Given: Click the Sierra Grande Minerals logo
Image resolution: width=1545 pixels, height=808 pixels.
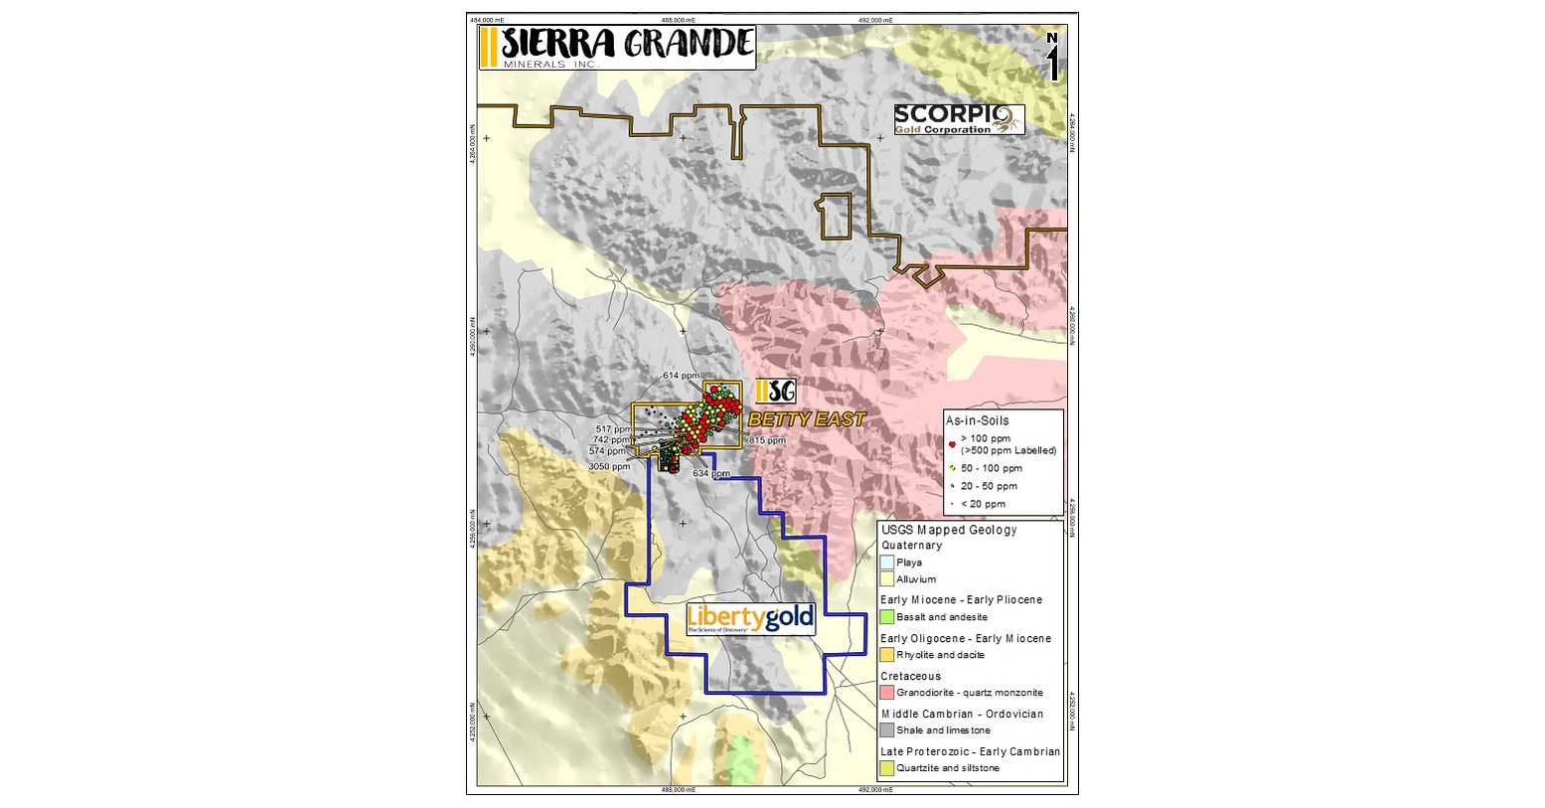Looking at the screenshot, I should pos(616,48).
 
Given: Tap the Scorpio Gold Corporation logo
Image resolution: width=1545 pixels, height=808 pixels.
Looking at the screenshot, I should pos(958,120).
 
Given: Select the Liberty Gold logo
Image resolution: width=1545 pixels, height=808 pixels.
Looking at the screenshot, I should pos(750,619).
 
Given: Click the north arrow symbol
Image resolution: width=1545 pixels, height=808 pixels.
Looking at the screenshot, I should pos(1052,59).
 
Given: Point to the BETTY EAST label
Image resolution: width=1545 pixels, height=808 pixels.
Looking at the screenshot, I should pos(807,420).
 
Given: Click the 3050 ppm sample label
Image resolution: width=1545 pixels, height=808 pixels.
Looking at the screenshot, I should pos(608,466).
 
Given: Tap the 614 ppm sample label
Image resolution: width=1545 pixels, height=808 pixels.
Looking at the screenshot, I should pos(683,376).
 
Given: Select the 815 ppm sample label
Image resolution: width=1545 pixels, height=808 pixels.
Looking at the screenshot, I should pos(767,440).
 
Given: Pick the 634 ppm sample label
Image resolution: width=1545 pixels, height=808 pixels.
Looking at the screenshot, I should pos(711,474).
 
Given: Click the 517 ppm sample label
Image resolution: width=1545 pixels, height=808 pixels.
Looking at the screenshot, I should pos(613,429).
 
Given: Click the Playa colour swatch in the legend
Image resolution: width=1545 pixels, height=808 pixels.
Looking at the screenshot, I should pos(887,563).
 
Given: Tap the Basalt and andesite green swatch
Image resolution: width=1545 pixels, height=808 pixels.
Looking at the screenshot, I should pos(887,617).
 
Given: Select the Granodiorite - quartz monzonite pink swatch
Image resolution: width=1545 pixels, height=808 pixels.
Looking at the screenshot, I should pos(887,693).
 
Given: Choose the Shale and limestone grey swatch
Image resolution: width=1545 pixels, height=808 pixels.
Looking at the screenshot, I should pos(887,730).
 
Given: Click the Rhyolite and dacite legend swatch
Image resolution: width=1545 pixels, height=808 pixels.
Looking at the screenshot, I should pos(887,655).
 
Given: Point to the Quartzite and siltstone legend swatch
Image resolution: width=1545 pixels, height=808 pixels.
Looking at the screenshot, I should pos(887,768).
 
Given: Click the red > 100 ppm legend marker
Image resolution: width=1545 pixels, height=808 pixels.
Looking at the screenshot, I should pos(953,443).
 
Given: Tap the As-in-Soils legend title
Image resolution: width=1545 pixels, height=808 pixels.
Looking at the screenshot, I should pos(977,421).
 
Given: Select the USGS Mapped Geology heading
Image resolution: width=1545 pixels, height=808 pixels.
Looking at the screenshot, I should pos(949,530).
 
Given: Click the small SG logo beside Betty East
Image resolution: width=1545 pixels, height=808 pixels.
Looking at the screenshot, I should pos(775,392).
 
